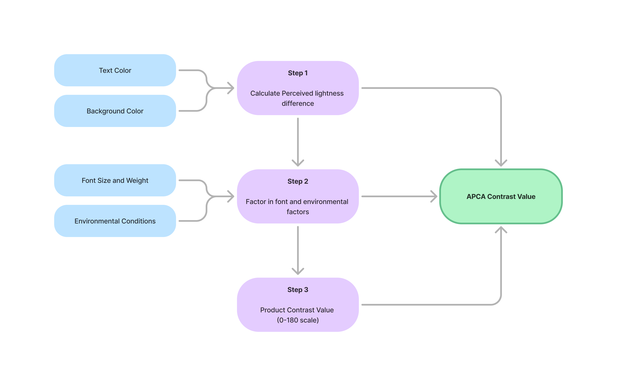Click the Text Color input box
coord(115,70)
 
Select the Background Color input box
coord(115,111)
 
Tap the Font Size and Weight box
coord(115,180)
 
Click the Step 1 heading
coord(297,73)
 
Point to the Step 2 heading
coord(297,181)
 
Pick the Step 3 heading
coord(297,289)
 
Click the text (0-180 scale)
coord(297,320)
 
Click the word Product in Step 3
coord(272,310)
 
